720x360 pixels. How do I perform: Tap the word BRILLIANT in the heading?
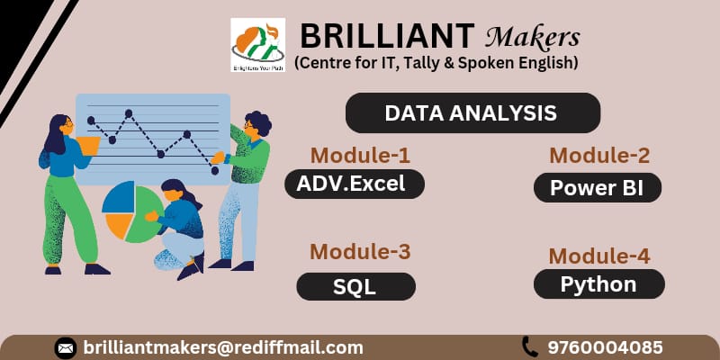(x=386, y=36)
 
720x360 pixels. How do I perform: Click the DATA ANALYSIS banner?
(x=472, y=113)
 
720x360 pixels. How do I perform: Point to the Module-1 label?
(x=360, y=155)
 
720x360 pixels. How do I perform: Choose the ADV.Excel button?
(x=354, y=184)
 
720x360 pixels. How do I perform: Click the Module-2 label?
(x=599, y=155)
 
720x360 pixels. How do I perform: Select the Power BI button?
(x=598, y=188)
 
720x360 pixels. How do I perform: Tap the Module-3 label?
(x=360, y=252)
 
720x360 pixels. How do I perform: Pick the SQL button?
(x=355, y=286)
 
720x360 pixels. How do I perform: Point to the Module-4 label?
(x=599, y=255)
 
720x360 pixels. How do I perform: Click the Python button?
(x=598, y=284)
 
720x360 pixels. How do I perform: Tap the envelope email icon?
(x=65, y=347)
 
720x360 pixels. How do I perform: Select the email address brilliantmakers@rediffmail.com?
(x=223, y=347)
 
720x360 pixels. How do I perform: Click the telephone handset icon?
(x=529, y=346)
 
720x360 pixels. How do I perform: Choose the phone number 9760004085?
(x=605, y=347)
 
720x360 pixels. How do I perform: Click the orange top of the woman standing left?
(x=88, y=144)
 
